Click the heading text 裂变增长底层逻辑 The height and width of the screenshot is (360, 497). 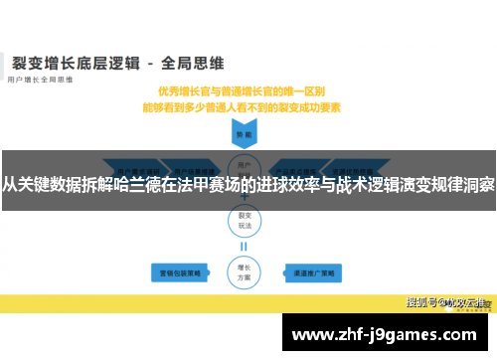tap(71, 63)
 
